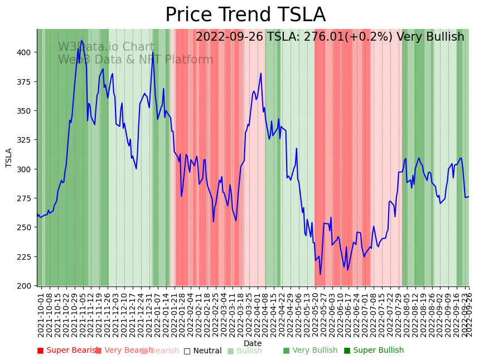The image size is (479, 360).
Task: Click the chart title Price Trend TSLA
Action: click(245, 15)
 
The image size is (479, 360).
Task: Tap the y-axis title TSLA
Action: click(9, 158)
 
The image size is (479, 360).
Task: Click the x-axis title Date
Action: click(253, 343)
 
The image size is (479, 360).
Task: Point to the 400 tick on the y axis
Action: click(27, 52)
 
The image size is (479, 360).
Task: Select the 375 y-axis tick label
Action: click(27, 81)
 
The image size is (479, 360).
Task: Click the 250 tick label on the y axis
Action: click(27, 227)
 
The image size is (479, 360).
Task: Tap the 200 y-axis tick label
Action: click(27, 286)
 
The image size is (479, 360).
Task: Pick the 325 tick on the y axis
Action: click(27, 140)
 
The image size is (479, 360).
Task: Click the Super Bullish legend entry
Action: click(374, 351)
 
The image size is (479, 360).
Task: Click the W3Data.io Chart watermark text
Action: click(106, 47)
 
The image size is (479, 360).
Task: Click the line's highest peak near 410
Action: click(81, 41)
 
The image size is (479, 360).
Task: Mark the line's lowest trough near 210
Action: click(320, 274)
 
